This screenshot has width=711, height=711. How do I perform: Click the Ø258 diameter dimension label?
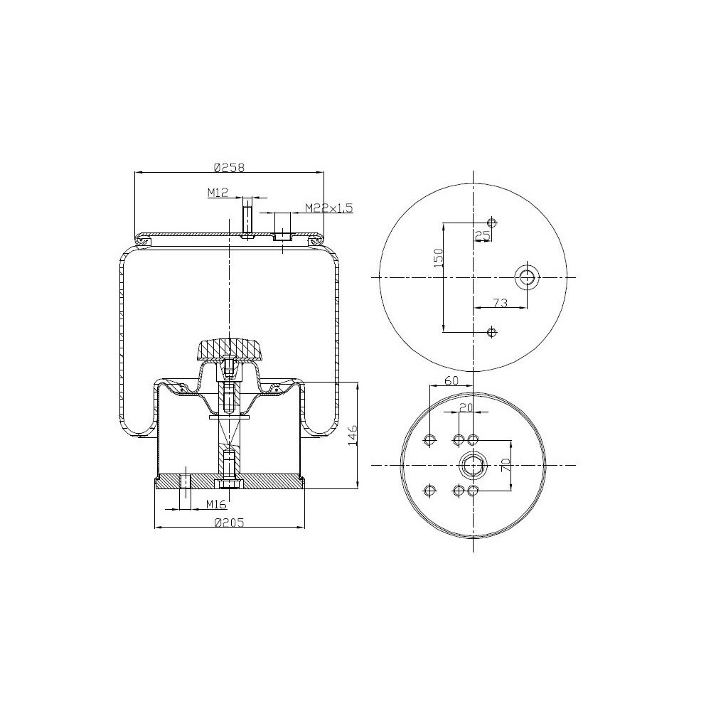pyautogui.click(x=229, y=169)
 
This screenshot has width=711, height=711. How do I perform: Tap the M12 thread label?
pyautogui.click(x=217, y=192)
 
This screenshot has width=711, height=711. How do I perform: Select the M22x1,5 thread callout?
pyautogui.click(x=328, y=208)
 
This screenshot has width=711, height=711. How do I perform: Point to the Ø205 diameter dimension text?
pyautogui.click(x=229, y=523)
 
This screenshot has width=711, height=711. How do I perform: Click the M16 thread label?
pyautogui.click(x=216, y=504)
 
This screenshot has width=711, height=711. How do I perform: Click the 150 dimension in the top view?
pyautogui.click(x=439, y=257)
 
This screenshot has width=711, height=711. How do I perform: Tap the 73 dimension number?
pyautogui.click(x=500, y=303)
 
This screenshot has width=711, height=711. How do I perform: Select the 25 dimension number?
pyautogui.click(x=483, y=234)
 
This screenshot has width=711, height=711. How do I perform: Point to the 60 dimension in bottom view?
pyautogui.click(x=451, y=380)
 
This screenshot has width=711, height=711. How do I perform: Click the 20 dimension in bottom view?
pyautogui.click(x=466, y=407)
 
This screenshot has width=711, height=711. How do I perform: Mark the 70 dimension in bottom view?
pyautogui.click(x=506, y=466)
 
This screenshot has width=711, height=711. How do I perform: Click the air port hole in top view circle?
pyautogui.click(x=527, y=277)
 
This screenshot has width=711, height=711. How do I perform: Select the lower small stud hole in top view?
pyautogui.click(x=491, y=332)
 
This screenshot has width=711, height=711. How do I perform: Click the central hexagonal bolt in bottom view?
pyautogui.click(x=474, y=466)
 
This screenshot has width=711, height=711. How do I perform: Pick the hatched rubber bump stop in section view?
pyautogui.click(x=229, y=349)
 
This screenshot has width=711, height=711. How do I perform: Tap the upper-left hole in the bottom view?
pyautogui.click(x=429, y=441)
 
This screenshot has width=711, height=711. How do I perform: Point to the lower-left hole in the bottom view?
pyautogui.click(x=429, y=491)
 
